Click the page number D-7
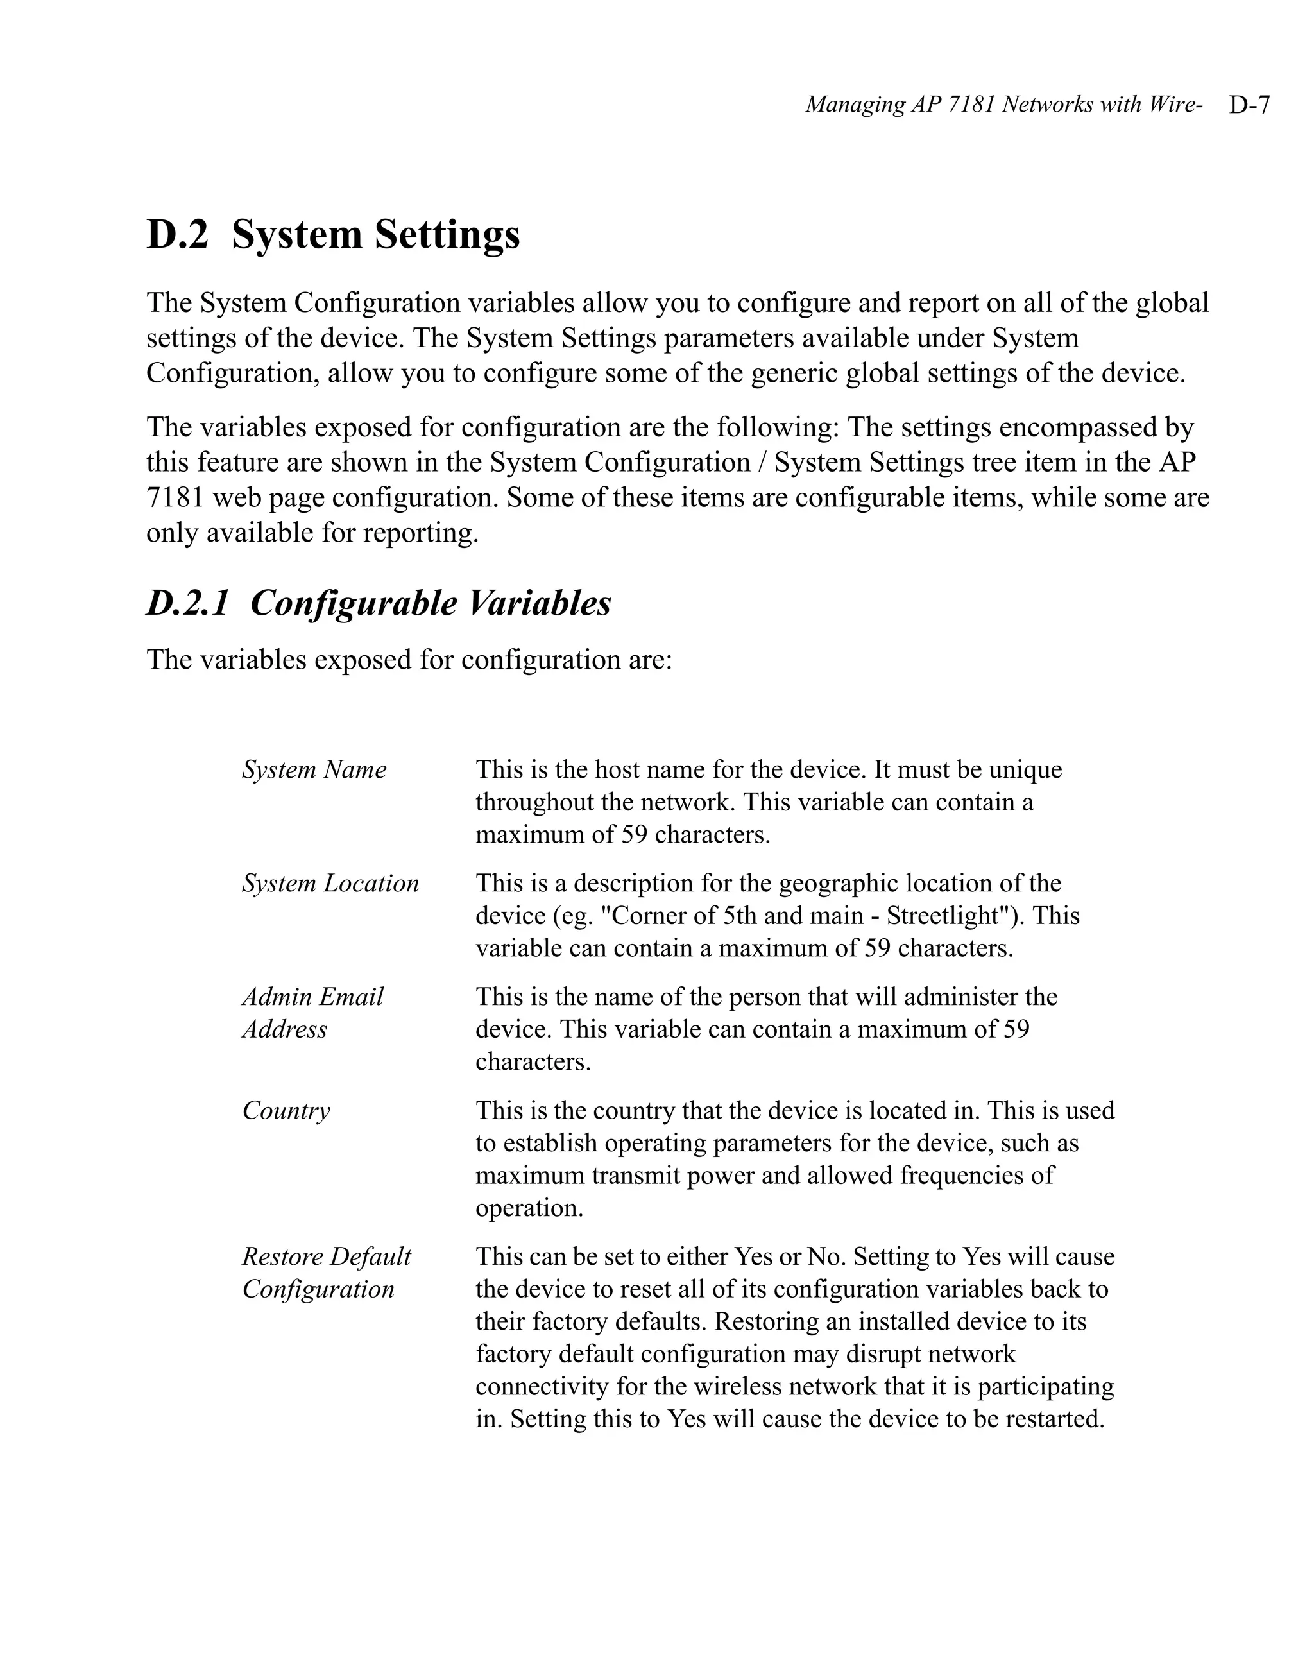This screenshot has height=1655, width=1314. point(1249,105)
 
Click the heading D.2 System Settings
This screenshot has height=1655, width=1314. point(332,234)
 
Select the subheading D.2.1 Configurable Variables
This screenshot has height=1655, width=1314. point(379,603)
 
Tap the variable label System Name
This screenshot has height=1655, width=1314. point(314,769)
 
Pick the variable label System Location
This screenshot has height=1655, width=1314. point(330,883)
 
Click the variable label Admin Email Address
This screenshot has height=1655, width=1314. point(312,1013)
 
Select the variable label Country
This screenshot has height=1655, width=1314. point(286,1110)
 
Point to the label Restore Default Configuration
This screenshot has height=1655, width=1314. point(326,1273)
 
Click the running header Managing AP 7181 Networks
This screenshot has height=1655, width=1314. point(1002,105)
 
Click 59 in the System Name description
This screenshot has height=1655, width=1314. point(634,834)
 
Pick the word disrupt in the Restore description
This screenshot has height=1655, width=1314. point(883,1353)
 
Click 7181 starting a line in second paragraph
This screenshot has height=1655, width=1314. point(175,497)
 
